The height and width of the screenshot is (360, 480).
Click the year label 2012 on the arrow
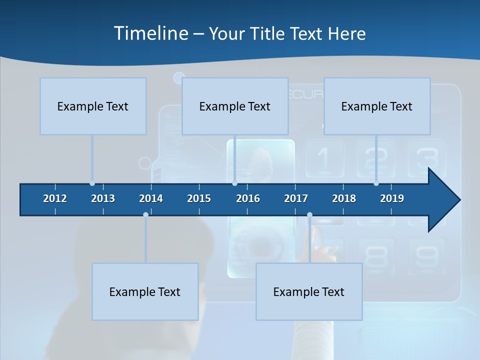[55, 198]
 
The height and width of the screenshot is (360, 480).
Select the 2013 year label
[103, 198]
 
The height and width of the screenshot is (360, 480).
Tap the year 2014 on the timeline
[151, 198]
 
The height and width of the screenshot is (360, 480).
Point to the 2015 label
[199, 198]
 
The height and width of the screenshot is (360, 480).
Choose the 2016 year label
[248, 198]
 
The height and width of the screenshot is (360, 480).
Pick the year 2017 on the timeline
[296, 198]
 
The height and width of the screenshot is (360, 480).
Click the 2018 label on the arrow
[344, 198]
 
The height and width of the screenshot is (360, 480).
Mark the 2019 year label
[392, 198]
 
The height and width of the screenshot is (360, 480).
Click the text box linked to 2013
[93, 106]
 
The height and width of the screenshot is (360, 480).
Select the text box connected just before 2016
[235, 106]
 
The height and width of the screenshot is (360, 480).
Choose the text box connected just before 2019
[377, 106]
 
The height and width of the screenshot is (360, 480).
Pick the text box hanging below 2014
[145, 291]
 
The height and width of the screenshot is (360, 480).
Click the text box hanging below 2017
[309, 291]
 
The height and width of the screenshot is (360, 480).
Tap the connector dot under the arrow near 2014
[145, 214]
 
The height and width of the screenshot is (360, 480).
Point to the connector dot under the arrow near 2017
[309, 214]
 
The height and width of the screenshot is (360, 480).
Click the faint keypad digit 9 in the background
[426, 256]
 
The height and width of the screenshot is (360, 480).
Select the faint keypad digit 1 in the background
[324, 158]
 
